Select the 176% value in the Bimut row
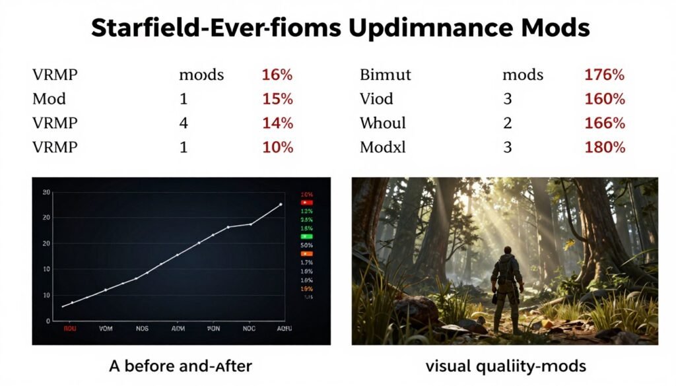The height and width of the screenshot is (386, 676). [x=604, y=75]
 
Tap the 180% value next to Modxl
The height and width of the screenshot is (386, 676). [x=604, y=147]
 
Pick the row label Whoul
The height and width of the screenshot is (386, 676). [x=383, y=123]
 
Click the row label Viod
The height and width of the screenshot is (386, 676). [x=376, y=99]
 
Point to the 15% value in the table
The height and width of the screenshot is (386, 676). [x=277, y=99]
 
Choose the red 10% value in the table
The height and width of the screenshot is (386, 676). [x=277, y=147]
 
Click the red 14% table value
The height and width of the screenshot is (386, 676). [x=277, y=123]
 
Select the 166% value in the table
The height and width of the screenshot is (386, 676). [x=604, y=123]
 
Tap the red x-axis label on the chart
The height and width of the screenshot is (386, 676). [x=69, y=328]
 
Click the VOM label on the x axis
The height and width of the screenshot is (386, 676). [x=106, y=328]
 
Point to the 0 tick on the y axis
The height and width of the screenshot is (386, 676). [x=47, y=321]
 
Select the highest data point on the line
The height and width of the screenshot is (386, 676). [x=281, y=205]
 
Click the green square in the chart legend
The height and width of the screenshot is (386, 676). [x=306, y=236]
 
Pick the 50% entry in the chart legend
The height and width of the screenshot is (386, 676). [x=306, y=245]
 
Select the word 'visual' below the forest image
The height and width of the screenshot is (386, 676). [x=446, y=365]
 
